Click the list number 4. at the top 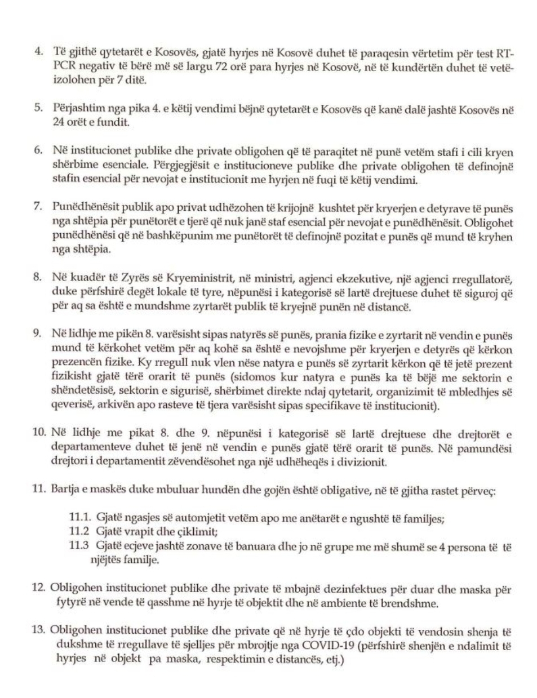[x=38, y=54]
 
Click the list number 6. [x=38, y=153]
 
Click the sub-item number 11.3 [x=79, y=546]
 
